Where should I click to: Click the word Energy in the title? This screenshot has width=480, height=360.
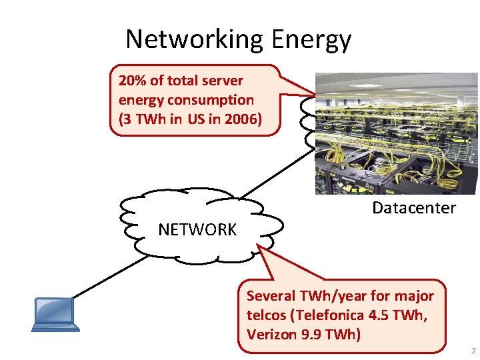[311, 41]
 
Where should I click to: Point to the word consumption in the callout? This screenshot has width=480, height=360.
[211, 101]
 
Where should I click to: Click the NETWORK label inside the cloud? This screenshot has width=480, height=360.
[197, 230]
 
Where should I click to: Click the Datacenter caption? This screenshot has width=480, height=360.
[413, 208]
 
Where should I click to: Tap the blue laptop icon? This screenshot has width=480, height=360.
[55, 314]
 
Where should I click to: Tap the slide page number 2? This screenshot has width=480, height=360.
[473, 351]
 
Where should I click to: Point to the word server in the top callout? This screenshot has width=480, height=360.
[222, 81]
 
